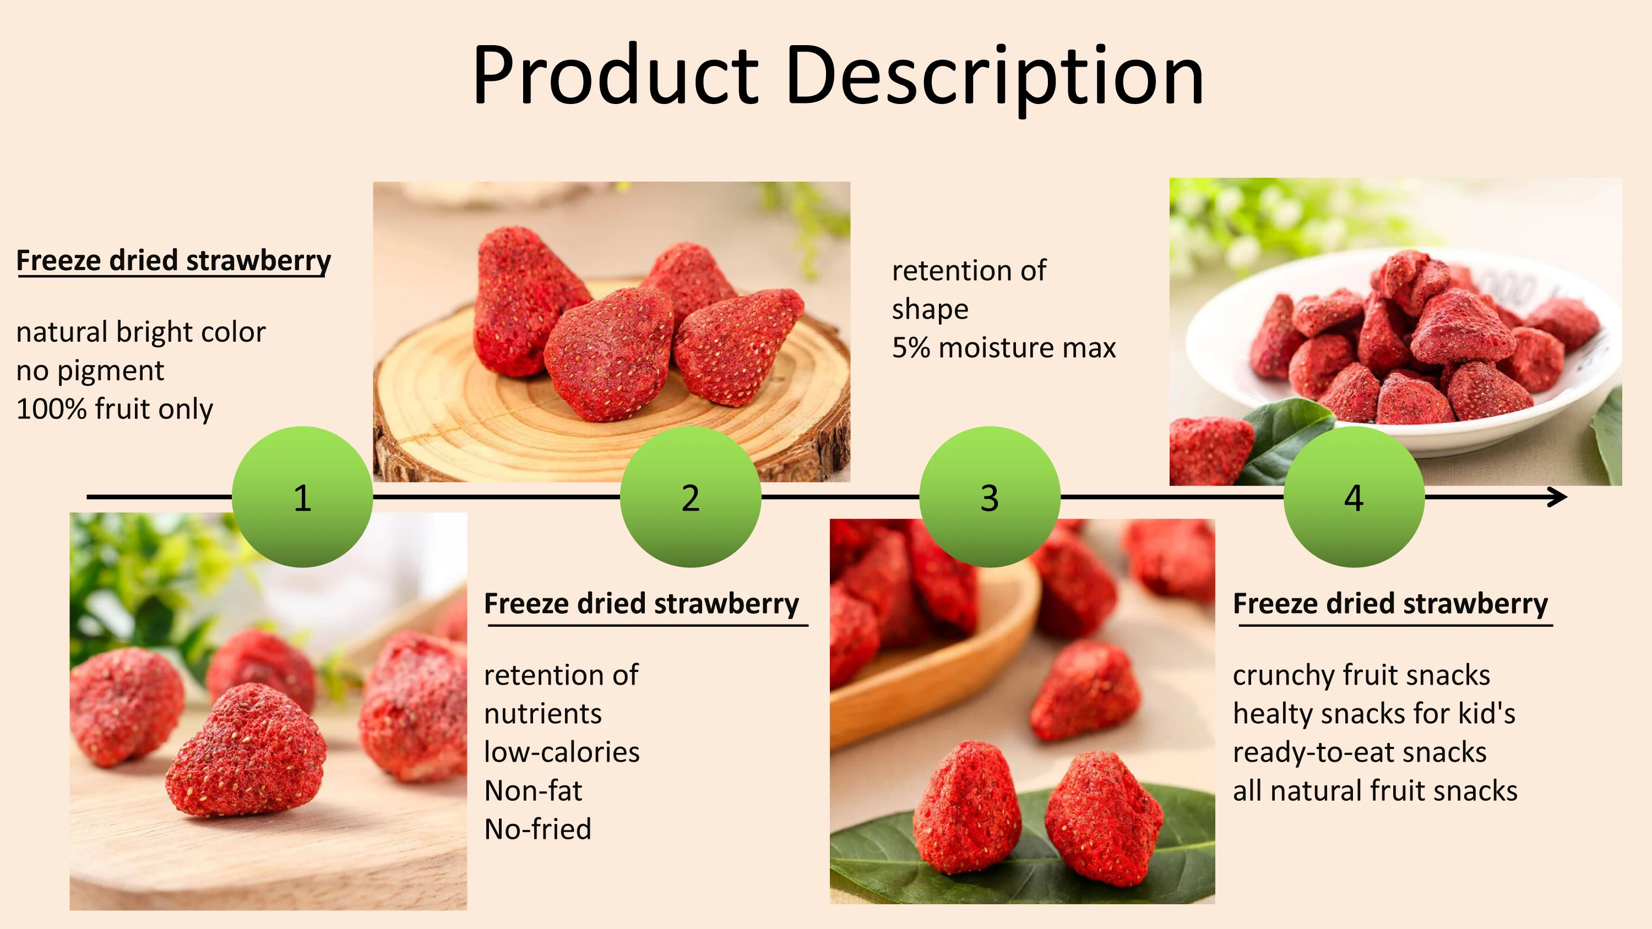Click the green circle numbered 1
point(302,497)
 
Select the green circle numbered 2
point(691,497)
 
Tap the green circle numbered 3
point(990,497)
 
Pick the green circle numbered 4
point(1354,497)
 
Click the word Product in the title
point(615,75)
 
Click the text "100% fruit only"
point(114,409)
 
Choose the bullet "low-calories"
point(562,752)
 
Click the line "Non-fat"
point(533,790)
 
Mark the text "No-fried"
point(537,829)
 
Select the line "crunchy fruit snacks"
point(1361,675)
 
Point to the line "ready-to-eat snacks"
point(1360,752)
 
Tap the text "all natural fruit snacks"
point(1375,790)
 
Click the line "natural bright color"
point(140,332)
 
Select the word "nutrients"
point(542,714)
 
